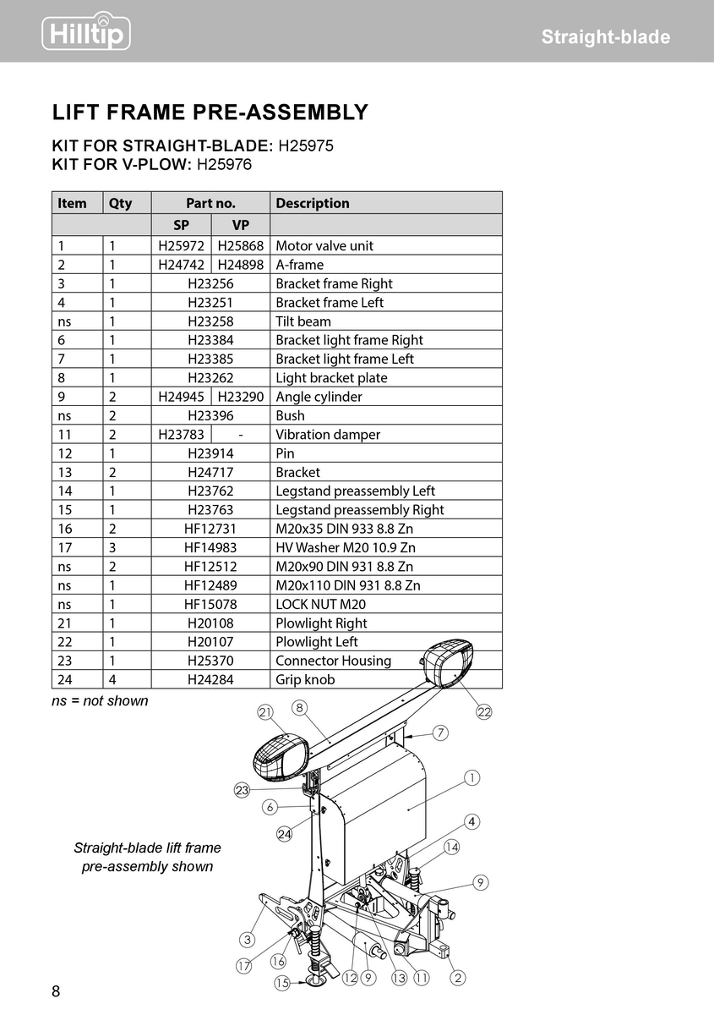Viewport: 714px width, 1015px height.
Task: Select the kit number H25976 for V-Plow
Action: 224,164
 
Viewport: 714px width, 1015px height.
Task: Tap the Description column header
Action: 313,203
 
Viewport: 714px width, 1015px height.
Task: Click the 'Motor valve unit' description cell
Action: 324,246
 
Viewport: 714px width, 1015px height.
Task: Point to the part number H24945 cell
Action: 182,397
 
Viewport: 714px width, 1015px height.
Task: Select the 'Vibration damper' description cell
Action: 328,435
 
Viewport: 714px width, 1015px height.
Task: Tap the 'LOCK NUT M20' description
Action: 320,605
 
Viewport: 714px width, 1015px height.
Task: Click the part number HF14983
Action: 210,548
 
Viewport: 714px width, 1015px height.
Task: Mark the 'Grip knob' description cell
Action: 305,680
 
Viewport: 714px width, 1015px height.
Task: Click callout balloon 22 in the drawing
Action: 484,712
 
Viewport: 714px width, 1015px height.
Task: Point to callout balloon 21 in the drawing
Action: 265,713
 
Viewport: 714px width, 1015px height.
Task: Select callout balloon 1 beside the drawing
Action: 471,777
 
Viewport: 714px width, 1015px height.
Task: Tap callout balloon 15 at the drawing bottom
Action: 282,983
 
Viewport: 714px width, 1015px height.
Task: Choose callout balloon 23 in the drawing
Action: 243,791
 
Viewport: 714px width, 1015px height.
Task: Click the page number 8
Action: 57,991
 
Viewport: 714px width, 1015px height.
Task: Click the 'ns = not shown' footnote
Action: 100,701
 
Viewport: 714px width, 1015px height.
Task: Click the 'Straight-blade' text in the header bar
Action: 605,37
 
